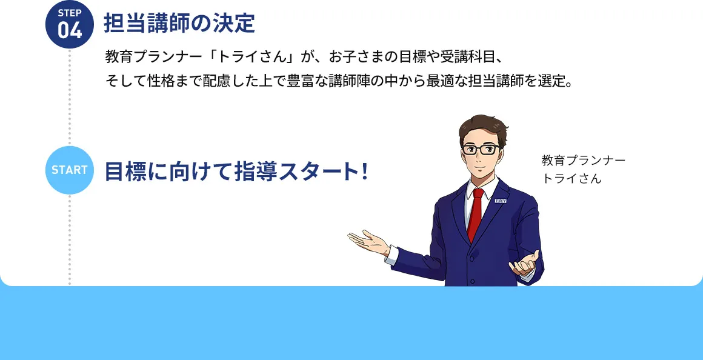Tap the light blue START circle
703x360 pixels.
(x=70, y=170)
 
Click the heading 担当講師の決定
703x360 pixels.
(x=179, y=24)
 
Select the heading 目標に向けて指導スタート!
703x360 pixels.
(x=236, y=172)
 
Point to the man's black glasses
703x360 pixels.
(x=481, y=148)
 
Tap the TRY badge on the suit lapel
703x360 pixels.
(x=501, y=201)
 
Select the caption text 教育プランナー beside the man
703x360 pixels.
(x=583, y=161)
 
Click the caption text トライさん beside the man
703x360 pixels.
(x=572, y=179)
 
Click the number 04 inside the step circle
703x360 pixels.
(x=70, y=30)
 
